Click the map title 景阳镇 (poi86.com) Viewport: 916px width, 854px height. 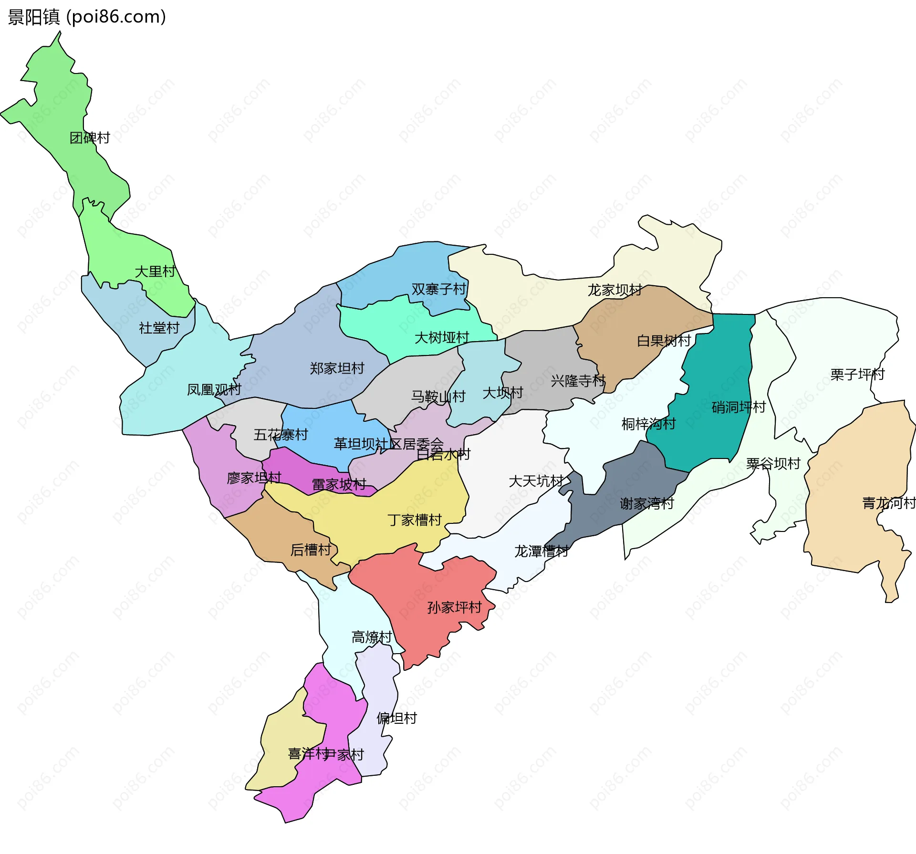coord(87,17)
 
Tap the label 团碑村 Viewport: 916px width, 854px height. coord(90,138)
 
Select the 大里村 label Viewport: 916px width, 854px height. coord(155,271)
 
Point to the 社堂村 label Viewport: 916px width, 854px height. coord(159,328)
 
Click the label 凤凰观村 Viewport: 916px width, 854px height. coord(214,390)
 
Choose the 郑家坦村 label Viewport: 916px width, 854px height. coord(337,368)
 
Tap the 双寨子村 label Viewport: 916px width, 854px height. coord(438,289)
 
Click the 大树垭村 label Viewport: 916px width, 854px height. coord(442,338)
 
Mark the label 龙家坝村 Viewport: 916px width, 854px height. coord(614,290)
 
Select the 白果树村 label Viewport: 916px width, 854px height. coord(664,341)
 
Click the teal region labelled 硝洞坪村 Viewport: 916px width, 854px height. coord(716,382)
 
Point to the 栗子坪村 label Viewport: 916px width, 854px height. coord(857,375)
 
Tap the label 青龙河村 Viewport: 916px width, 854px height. coord(888,503)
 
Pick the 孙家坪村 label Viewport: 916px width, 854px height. coord(454,607)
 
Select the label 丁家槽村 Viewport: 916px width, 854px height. coord(415,520)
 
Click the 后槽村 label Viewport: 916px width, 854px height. coord(311,550)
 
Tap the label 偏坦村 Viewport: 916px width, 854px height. coord(396,718)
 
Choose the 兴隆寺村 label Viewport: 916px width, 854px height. coord(578,381)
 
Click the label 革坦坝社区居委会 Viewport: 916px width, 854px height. coord(388,444)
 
